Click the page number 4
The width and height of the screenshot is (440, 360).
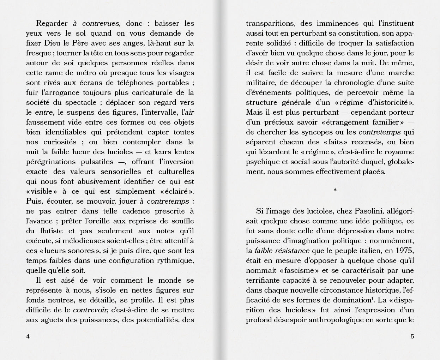28,336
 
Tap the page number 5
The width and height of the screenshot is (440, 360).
412,336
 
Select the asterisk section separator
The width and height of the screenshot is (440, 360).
335,190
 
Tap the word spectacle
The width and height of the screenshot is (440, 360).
80,103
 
